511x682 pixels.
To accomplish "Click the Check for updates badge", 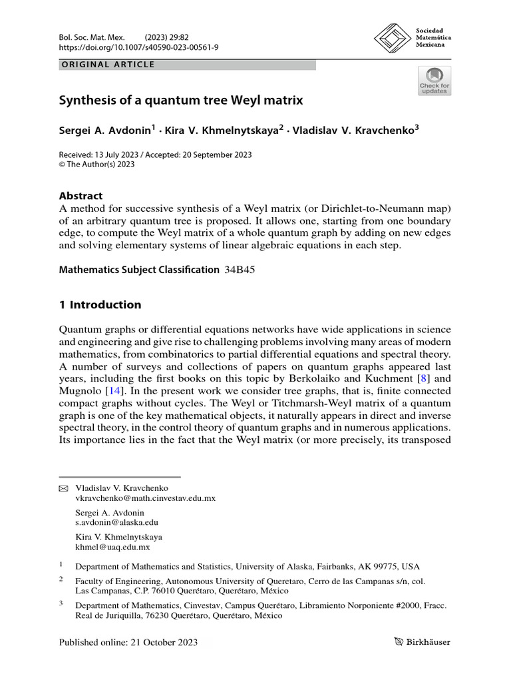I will (434, 81).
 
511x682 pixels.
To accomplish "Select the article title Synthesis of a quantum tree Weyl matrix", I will (181, 101).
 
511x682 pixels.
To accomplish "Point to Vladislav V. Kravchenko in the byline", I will (353, 131).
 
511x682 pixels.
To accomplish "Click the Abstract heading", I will (81, 196).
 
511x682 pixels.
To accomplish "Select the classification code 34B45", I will (236, 270).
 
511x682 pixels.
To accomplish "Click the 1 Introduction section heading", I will (100, 305).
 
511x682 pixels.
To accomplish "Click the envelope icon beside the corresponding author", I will (65, 488).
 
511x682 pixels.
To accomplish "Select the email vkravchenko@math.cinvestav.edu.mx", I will (145, 498).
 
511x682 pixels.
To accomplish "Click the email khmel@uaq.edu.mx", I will (112, 547).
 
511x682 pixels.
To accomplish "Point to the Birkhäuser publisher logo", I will (421, 643).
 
